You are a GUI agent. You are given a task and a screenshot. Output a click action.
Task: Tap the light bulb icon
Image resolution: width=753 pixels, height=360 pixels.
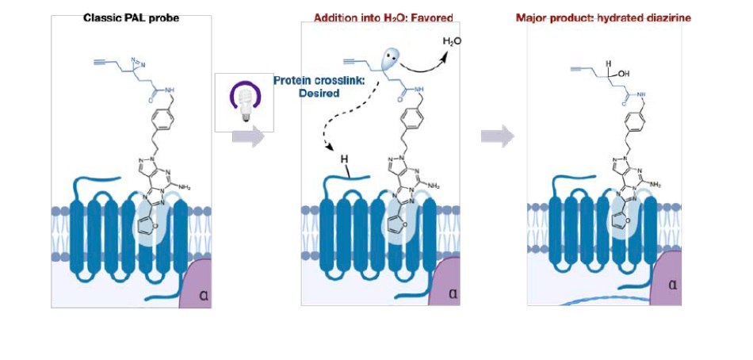coord(244,103)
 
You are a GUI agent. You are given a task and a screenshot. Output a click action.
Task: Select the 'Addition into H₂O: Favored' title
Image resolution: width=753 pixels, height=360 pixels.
coord(383,17)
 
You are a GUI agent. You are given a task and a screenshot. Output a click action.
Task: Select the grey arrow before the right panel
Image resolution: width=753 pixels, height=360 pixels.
coord(497,136)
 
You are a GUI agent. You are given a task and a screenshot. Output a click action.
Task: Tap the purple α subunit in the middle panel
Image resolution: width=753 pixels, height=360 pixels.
coord(444,286)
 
